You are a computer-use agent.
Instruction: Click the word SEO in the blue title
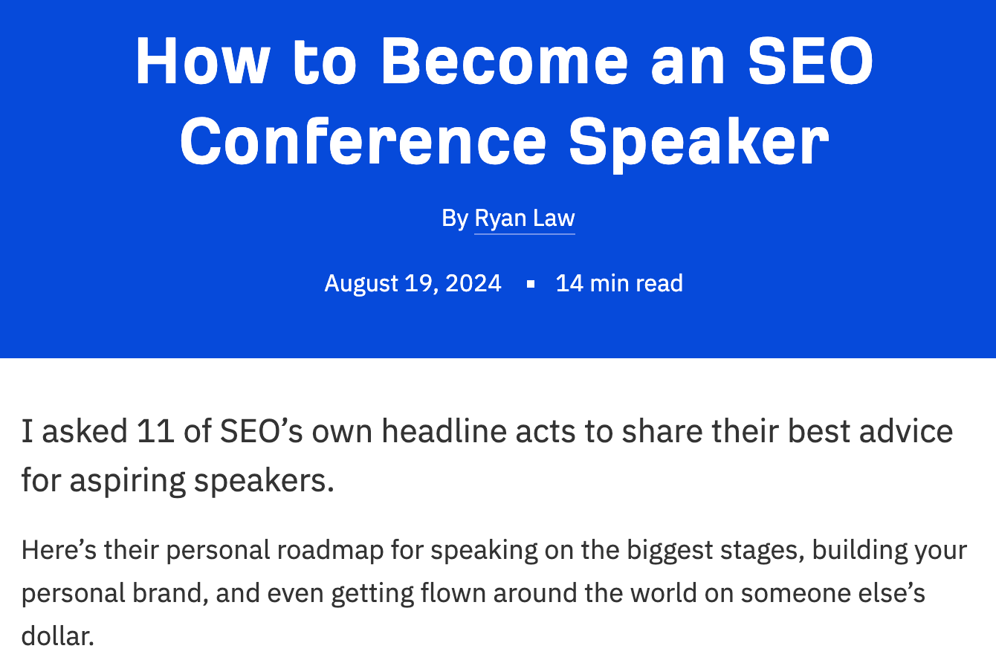coord(810,62)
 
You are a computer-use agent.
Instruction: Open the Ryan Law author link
coord(525,219)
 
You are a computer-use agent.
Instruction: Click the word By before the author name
coord(454,219)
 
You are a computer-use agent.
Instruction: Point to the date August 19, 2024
coord(413,283)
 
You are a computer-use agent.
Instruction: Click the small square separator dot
coord(530,284)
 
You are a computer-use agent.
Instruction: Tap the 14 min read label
coord(619,283)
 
